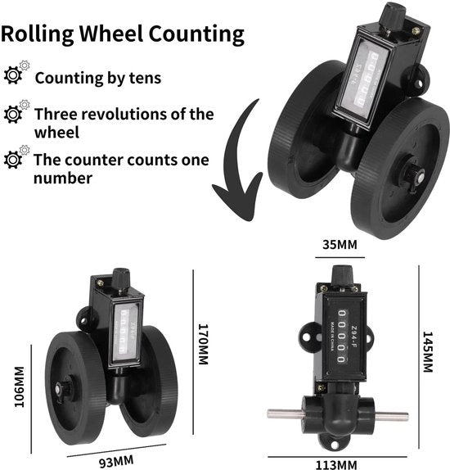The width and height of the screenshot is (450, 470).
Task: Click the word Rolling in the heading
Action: click(x=38, y=34)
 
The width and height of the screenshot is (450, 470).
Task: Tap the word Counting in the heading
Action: click(x=196, y=34)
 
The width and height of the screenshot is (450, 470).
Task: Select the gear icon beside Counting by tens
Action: click(x=16, y=73)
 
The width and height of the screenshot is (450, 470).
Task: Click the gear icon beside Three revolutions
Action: click(x=16, y=111)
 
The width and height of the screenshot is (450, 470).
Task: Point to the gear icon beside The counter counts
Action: click(x=16, y=157)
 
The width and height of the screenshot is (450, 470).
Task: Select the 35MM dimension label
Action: click(x=340, y=245)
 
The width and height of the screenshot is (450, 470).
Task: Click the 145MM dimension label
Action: click(x=428, y=352)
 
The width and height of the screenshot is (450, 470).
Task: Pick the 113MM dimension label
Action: click(x=336, y=464)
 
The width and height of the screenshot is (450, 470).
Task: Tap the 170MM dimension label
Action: click(x=204, y=344)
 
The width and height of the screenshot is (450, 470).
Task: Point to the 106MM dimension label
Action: click(x=20, y=386)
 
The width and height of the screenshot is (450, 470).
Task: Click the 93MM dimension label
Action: click(x=116, y=461)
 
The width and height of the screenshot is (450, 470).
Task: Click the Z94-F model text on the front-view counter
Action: click(x=354, y=337)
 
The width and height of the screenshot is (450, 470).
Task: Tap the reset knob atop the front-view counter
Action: click(x=341, y=275)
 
